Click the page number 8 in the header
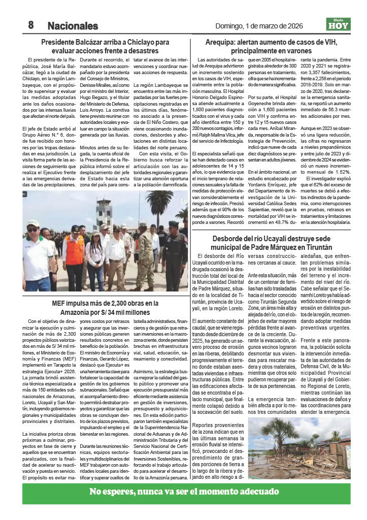click(30, 25)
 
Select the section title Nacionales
click(73, 25)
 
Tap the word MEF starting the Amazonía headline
click(59, 303)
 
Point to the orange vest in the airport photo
click(74, 249)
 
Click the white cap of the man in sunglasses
click(33, 223)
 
